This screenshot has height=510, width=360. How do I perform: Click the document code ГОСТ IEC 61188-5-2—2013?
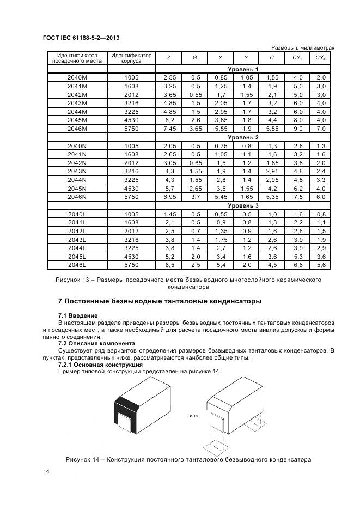81,38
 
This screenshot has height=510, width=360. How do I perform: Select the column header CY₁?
297,58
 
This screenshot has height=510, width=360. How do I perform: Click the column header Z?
168,58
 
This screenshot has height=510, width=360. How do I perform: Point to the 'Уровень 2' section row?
243,137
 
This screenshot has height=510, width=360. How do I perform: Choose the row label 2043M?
77,103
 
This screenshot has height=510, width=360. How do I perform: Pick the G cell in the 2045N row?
194,188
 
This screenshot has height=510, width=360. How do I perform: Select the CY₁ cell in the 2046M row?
297,129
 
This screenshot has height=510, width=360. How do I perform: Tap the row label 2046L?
77,265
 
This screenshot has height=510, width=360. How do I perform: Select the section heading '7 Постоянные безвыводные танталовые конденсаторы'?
160,301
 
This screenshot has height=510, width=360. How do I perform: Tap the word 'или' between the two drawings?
193,415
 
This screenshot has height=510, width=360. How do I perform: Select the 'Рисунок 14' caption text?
188,459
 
